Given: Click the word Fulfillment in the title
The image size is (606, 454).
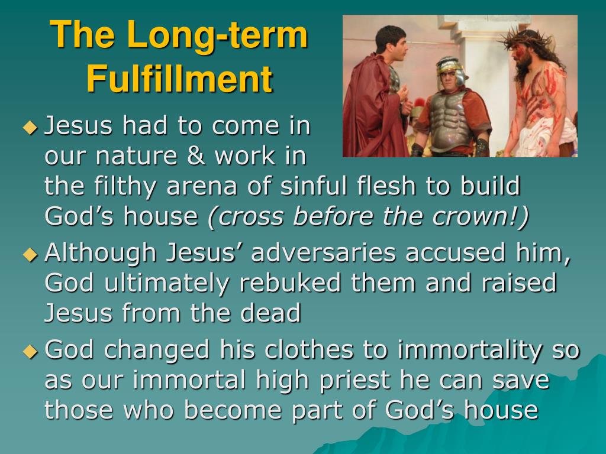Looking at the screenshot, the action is click(x=180, y=79).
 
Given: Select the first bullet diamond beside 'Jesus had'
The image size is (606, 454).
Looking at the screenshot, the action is click(x=31, y=128).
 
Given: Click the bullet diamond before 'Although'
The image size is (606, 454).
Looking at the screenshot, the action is click(x=31, y=254).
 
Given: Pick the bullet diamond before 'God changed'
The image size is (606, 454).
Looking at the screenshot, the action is click(x=31, y=351).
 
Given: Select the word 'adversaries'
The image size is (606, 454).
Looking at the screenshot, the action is click(x=324, y=253).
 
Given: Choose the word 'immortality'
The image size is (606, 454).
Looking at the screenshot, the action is click(x=469, y=350).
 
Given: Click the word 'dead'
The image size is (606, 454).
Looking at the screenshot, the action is click(x=270, y=312).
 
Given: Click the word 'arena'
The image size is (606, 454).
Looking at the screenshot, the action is click(x=201, y=186).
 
